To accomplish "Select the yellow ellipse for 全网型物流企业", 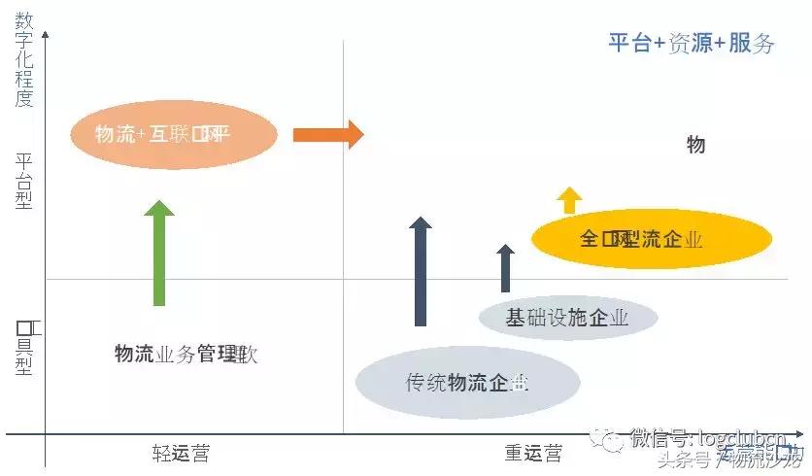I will point(652,239).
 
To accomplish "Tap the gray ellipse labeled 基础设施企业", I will point(568,318).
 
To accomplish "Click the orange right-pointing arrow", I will point(327,134).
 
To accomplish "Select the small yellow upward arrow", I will point(569,200).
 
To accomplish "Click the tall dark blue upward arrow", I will point(421,272).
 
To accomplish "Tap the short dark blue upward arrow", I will point(505,268).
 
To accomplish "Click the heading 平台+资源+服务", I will point(691,43).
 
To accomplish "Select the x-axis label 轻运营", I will point(181,453).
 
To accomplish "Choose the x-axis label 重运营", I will point(532,453).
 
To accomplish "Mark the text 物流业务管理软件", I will point(186,354).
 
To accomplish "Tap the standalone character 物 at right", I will point(695,146).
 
